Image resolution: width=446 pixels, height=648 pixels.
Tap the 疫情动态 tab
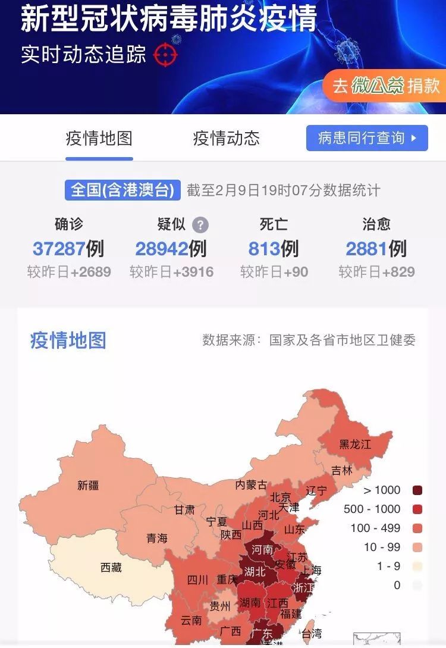(x=226, y=139)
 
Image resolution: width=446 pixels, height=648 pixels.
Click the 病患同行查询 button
(x=367, y=138)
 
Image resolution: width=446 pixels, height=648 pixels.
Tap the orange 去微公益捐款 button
(x=385, y=86)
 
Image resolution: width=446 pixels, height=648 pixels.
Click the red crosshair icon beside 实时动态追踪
(x=165, y=55)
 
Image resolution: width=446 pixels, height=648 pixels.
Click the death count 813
(x=264, y=248)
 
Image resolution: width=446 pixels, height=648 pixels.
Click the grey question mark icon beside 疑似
(x=201, y=225)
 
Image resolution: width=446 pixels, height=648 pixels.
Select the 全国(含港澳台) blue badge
(x=123, y=190)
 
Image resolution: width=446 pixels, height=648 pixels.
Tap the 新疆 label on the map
(x=88, y=485)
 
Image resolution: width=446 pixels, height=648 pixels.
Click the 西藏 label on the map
(x=111, y=567)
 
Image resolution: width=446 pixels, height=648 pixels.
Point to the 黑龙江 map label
(x=355, y=444)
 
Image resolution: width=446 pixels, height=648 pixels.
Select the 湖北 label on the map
(x=255, y=572)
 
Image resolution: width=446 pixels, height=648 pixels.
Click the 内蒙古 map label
(x=251, y=485)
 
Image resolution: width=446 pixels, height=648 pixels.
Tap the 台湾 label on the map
(x=312, y=633)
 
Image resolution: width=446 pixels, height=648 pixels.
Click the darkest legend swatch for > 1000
(x=417, y=490)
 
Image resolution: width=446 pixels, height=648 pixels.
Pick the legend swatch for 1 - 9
(x=417, y=566)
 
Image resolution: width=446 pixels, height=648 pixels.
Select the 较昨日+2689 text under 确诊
(x=69, y=273)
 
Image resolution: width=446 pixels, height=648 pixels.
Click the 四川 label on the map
(x=197, y=580)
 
